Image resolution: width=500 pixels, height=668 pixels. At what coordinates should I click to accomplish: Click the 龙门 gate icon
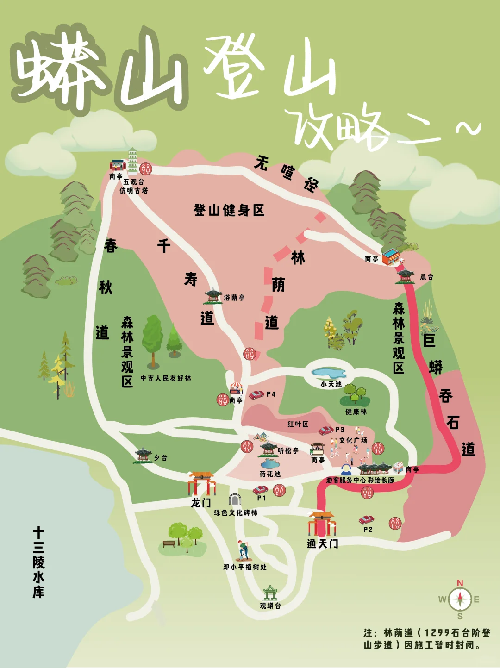point(202,483)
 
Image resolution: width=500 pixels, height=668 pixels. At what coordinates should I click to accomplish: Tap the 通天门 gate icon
point(322,524)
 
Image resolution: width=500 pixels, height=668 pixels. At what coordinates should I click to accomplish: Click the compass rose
point(460,599)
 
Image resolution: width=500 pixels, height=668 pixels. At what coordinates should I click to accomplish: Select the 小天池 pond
point(329,373)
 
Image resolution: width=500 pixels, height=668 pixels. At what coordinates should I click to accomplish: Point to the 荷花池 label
point(270,474)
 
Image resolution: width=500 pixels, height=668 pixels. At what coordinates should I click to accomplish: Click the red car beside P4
point(256,395)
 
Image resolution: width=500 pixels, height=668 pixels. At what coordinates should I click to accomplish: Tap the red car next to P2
point(366,520)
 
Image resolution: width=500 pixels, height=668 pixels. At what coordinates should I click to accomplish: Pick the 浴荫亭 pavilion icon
point(213,295)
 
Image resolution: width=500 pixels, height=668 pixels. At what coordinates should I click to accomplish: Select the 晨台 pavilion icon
point(406,275)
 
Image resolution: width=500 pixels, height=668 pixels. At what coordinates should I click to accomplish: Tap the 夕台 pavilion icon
point(143,455)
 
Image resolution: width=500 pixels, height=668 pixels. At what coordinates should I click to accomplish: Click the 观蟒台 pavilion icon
point(270,593)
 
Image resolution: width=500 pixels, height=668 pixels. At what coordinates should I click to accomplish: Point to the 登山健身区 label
point(229,211)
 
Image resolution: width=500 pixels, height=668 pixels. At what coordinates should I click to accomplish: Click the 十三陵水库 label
point(38,562)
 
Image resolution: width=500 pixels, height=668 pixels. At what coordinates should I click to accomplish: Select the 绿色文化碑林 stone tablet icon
point(235,499)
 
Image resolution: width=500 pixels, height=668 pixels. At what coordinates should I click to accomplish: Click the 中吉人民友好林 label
point(166,378)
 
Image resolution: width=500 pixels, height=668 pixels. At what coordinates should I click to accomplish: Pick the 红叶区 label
point(298,424)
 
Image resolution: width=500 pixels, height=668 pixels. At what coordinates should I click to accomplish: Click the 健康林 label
point(356,412)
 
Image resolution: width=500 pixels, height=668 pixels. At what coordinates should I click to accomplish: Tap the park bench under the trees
point(169,543)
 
